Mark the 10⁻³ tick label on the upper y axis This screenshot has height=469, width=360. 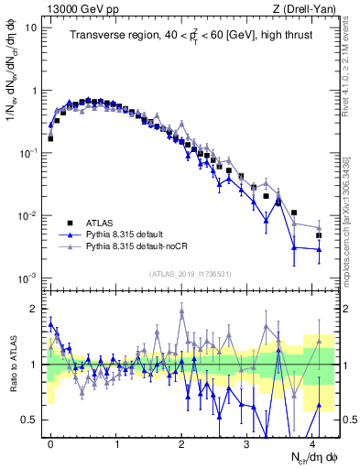pyautogui.click(x=27, y=278)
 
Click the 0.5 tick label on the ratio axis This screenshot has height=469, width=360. pyautogui.click(x=30, y=420)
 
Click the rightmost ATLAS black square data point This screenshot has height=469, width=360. pyautogui.click(x=320, y=235)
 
